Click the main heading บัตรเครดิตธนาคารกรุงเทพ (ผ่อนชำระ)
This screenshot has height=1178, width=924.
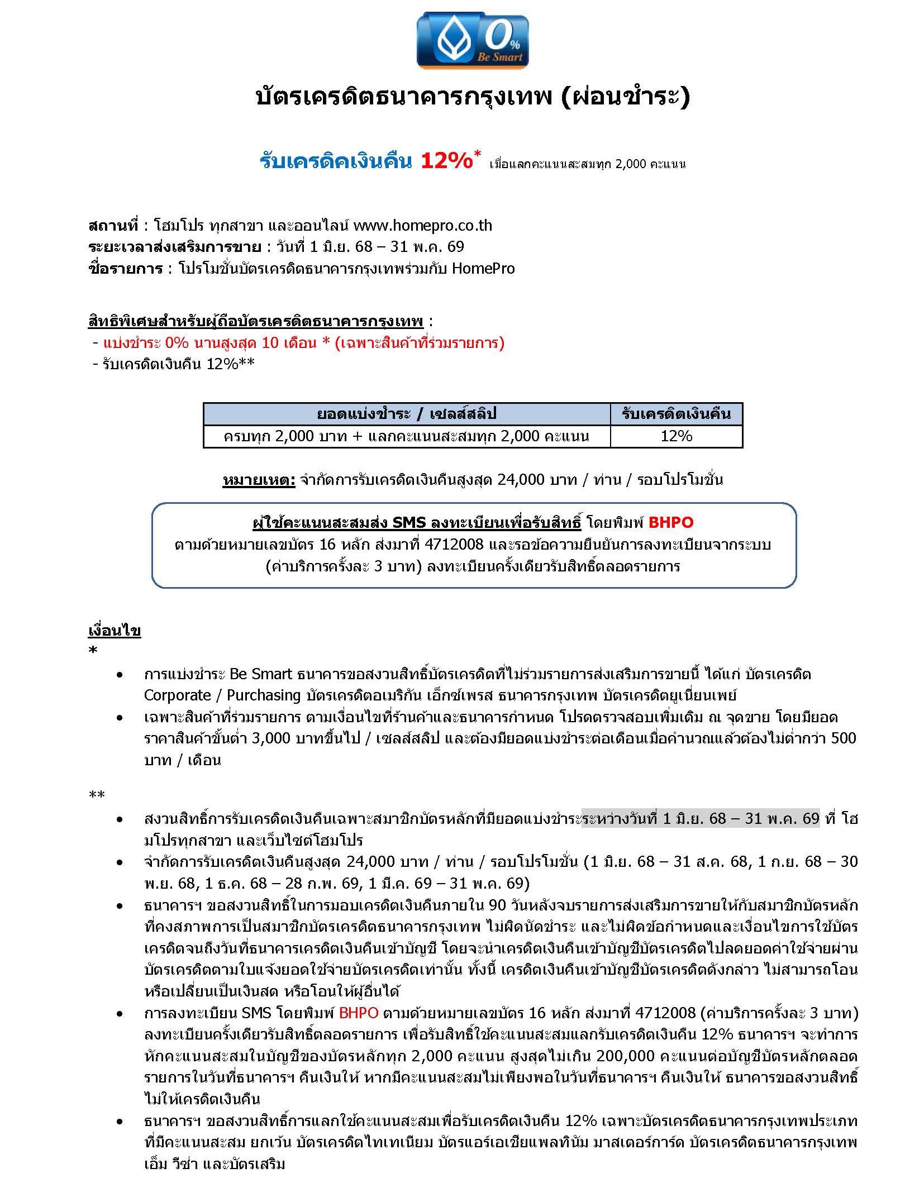pos(473,97)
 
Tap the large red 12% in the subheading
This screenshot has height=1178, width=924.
pos(446,161)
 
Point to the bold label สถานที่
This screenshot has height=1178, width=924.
pos(113,225)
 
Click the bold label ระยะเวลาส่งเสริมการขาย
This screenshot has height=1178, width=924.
pos(174,247)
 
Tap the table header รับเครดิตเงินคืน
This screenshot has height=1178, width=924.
pos(676,414)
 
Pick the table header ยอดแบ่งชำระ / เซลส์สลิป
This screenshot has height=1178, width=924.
pos(406,414)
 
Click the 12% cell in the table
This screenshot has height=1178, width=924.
pos(676,436)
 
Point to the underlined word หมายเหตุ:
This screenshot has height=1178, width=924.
pos(259,479)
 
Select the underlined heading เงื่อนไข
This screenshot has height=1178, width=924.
pos(115,631)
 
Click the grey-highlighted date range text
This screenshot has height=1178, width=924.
pos(700,819)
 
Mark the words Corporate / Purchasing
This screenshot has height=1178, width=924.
pos(222,695)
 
